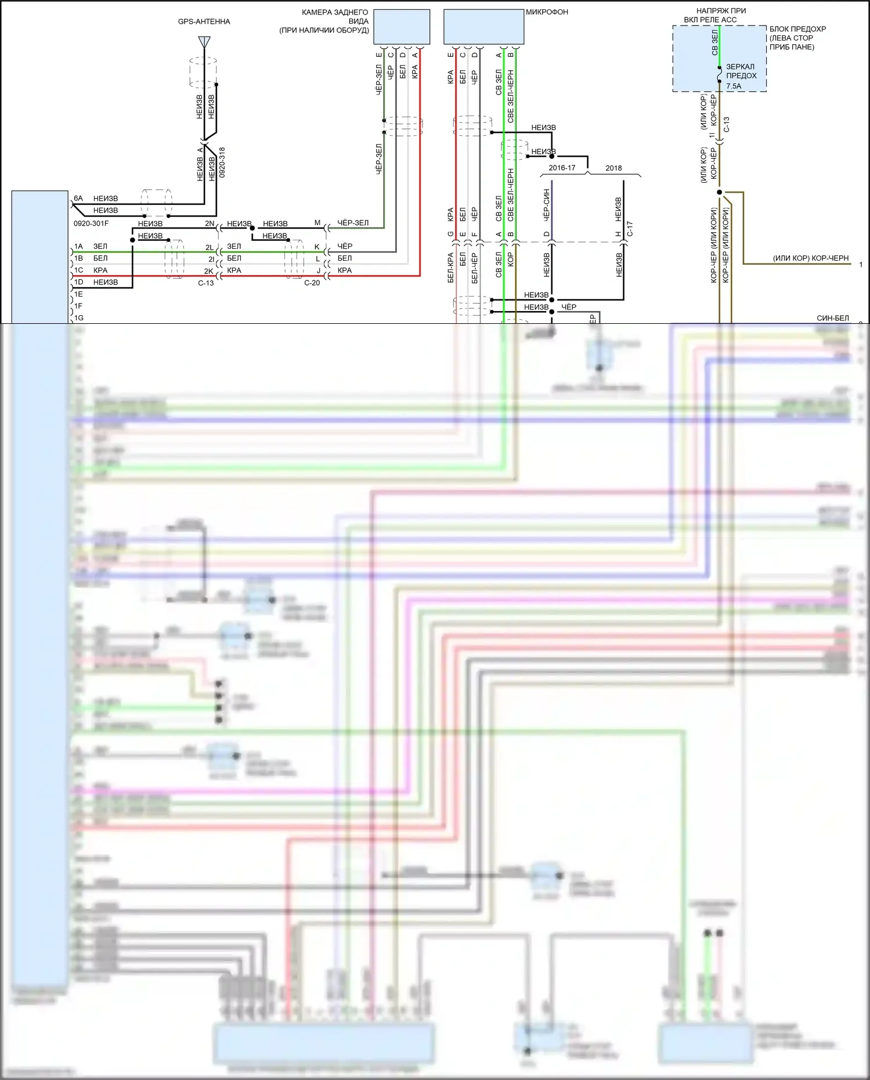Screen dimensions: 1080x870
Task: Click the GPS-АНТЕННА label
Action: pos(204,21)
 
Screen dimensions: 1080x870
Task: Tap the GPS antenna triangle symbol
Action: pos(204,42)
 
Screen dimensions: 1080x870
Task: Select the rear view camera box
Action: pos(402,27)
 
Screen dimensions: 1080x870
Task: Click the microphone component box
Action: pos(483,27)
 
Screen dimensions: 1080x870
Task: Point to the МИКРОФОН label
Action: pos(547,12)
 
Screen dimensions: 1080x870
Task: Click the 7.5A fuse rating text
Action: pos(734,86)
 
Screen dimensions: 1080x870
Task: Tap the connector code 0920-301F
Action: pos(91,223)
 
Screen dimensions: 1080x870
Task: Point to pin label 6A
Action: pos(78,198)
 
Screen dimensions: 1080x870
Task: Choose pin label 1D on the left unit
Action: pos(78,283)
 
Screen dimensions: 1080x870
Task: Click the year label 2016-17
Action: pos(562,168)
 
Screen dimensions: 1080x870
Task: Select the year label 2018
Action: pos(613,168)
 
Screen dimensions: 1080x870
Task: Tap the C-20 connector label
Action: pos(312,283)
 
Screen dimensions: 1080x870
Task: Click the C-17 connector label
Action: pos(630,229)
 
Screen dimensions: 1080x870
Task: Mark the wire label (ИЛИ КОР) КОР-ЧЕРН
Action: pos(810,258)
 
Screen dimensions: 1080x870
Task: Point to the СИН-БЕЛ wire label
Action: pos(832,318)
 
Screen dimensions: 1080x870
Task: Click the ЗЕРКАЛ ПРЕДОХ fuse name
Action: pos(741,71)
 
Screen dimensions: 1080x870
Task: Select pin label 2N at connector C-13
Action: pos(210,223)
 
